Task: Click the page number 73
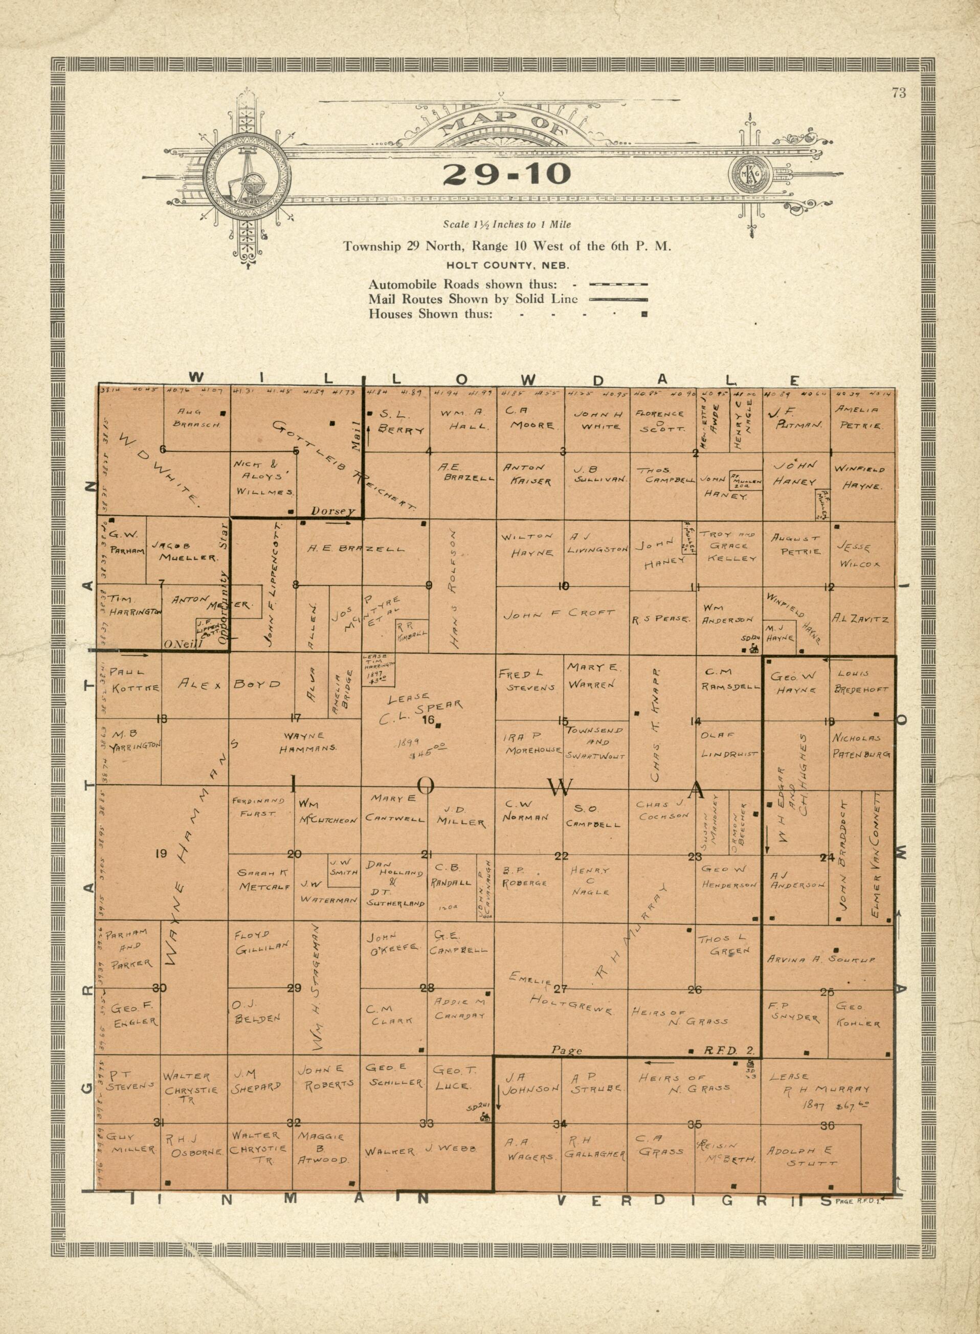(898, 93)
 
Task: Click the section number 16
(428, 720)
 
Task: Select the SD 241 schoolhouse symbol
(485, 1116)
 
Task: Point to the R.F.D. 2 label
(728, 1051)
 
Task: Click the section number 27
(561, 988)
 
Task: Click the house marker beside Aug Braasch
(222, 412)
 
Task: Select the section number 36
(828, 1125)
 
